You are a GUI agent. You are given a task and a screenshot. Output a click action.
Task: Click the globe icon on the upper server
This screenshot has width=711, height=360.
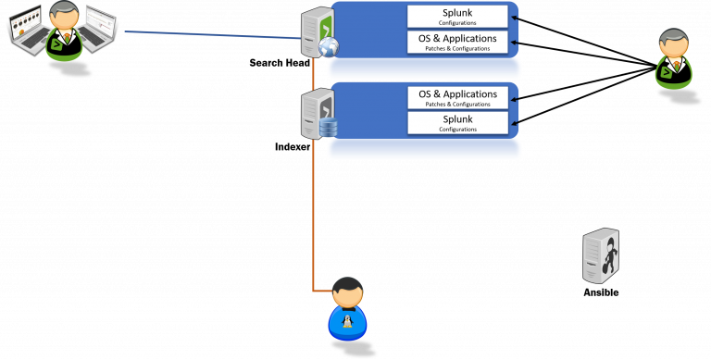[328, 49]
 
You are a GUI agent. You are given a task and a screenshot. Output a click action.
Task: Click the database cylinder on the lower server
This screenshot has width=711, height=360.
[327, 127]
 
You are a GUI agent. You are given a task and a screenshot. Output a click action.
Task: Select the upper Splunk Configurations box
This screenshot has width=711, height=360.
[458, 17]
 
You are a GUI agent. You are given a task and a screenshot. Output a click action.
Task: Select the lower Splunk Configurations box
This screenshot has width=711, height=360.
[458, 123]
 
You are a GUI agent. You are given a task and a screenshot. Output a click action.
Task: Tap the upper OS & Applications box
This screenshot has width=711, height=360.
[458, 42]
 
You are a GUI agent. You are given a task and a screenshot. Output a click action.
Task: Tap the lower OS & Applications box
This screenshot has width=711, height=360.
[458, 97]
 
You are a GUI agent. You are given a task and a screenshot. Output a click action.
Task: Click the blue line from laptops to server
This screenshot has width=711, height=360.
[213, 35]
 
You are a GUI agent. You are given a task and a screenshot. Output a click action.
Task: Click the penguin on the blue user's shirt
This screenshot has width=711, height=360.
[347, 323]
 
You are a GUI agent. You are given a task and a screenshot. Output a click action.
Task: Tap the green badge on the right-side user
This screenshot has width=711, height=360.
[666, 71]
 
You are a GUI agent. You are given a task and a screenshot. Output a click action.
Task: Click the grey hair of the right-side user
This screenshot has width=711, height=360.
[673, 36]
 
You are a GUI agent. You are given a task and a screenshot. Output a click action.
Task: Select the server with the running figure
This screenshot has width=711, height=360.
[600, 255]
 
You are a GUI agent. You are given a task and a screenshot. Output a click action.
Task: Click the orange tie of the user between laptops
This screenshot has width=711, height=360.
[63, 38]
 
